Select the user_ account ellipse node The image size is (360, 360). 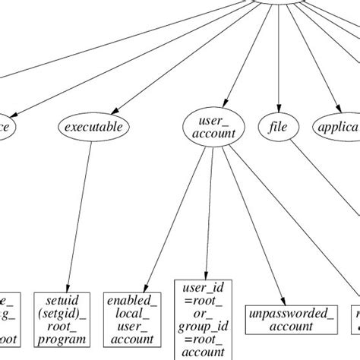[x=209, y=127]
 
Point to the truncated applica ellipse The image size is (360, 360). [x=337, y=127]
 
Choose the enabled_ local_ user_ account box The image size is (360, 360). [x=131, y=319]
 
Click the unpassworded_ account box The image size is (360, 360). [x=280, y=319]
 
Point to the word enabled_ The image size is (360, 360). [x=131, y=301]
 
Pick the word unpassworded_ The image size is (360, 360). [x=280, y=313]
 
